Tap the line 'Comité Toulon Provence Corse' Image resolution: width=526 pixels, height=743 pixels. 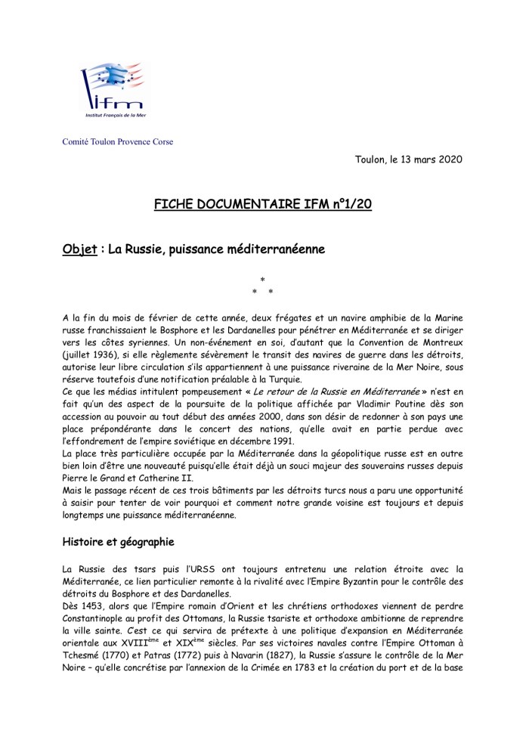click(118, 142)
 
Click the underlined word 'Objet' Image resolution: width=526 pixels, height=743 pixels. click(79, 250)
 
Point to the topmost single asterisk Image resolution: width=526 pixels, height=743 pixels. click(262, 280)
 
